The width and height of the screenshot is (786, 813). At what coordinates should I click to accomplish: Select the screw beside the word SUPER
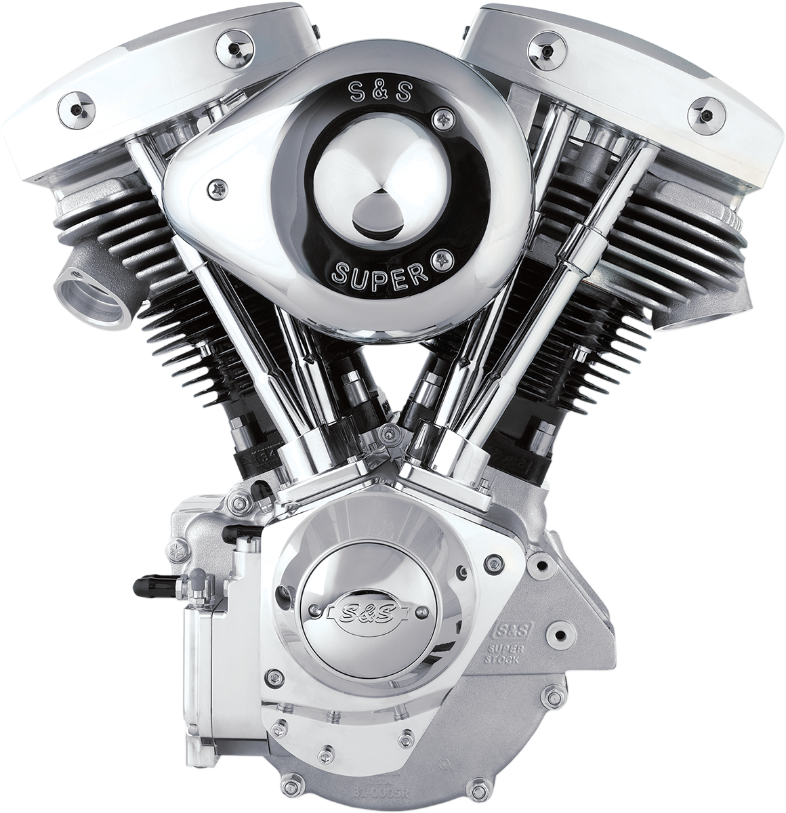click(x=444, y=257)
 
